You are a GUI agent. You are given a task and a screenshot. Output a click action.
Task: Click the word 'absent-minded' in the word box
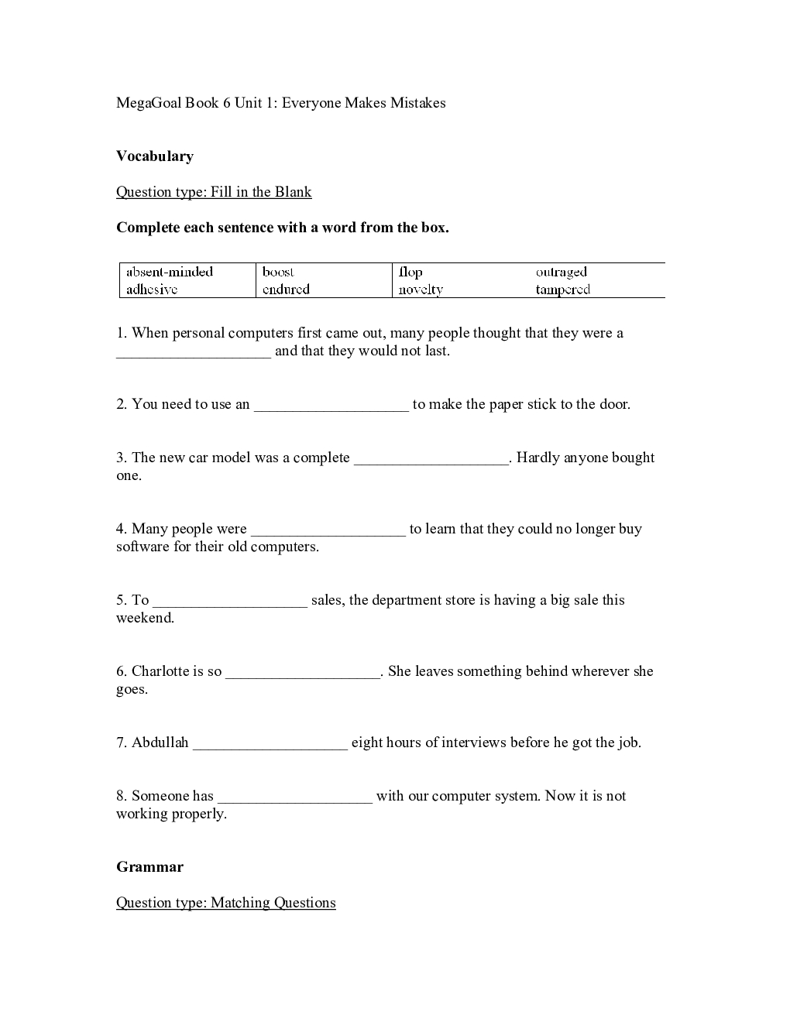point(169,272)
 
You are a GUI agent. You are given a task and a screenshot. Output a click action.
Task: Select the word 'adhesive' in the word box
point(152,290)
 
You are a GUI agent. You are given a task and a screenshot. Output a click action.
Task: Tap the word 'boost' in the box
point(278,272)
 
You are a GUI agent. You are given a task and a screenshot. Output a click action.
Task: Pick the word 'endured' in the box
point(286,290)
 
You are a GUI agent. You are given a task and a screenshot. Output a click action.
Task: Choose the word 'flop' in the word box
point(410,272)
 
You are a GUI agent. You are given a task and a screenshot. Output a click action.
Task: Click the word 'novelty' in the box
point(421,290)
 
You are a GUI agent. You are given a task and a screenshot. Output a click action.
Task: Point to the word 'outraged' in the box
point(562,272)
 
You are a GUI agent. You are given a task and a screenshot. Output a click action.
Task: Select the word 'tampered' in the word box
point(563,290)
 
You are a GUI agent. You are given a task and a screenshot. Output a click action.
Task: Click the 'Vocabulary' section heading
point(155,156)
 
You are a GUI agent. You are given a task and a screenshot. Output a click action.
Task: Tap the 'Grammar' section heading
point(150,867)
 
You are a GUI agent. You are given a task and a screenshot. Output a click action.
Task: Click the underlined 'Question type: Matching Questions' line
point(226,903)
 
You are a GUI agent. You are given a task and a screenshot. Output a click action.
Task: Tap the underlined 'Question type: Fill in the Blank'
point(214,192)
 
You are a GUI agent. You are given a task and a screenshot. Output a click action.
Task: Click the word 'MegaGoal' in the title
point(148,103)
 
